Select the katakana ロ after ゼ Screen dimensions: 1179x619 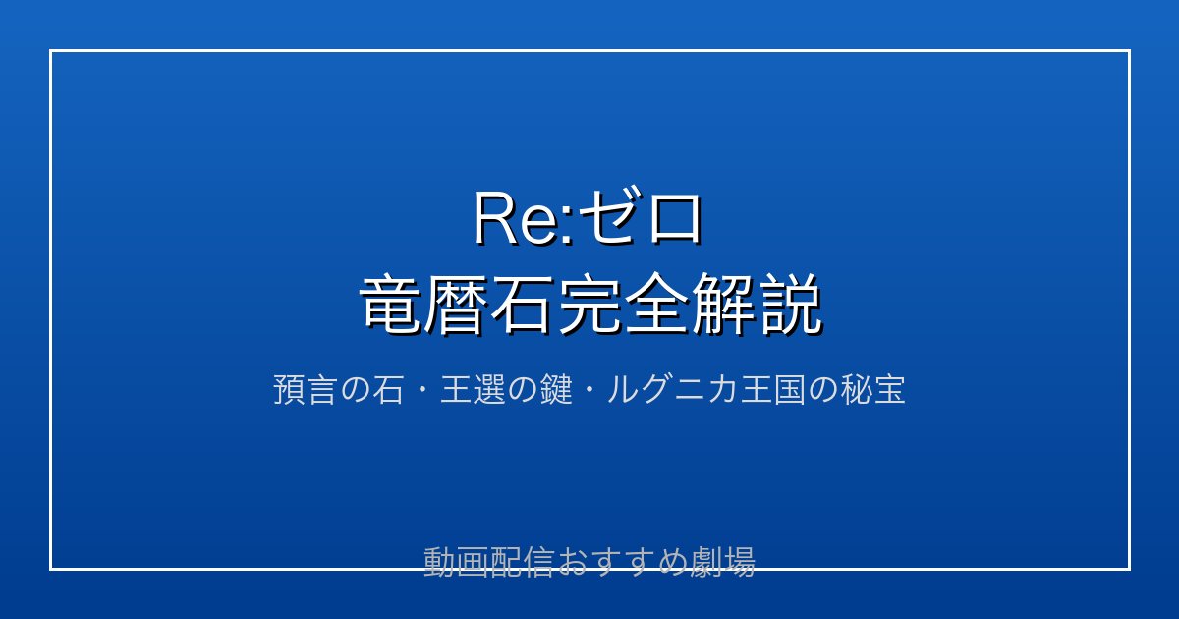(x=674, y=218)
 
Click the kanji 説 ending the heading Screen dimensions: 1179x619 (x=788, y=304)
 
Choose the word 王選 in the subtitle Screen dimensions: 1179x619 (x=474, y=389)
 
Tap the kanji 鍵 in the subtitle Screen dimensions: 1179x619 (x=556, y=389)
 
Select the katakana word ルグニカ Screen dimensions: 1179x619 (x=672, y=389)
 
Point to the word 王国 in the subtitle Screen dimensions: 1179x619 (x=773, y=389)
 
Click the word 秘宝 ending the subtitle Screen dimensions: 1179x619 (x=872, y=389)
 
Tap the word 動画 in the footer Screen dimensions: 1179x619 (x=456, y=562)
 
